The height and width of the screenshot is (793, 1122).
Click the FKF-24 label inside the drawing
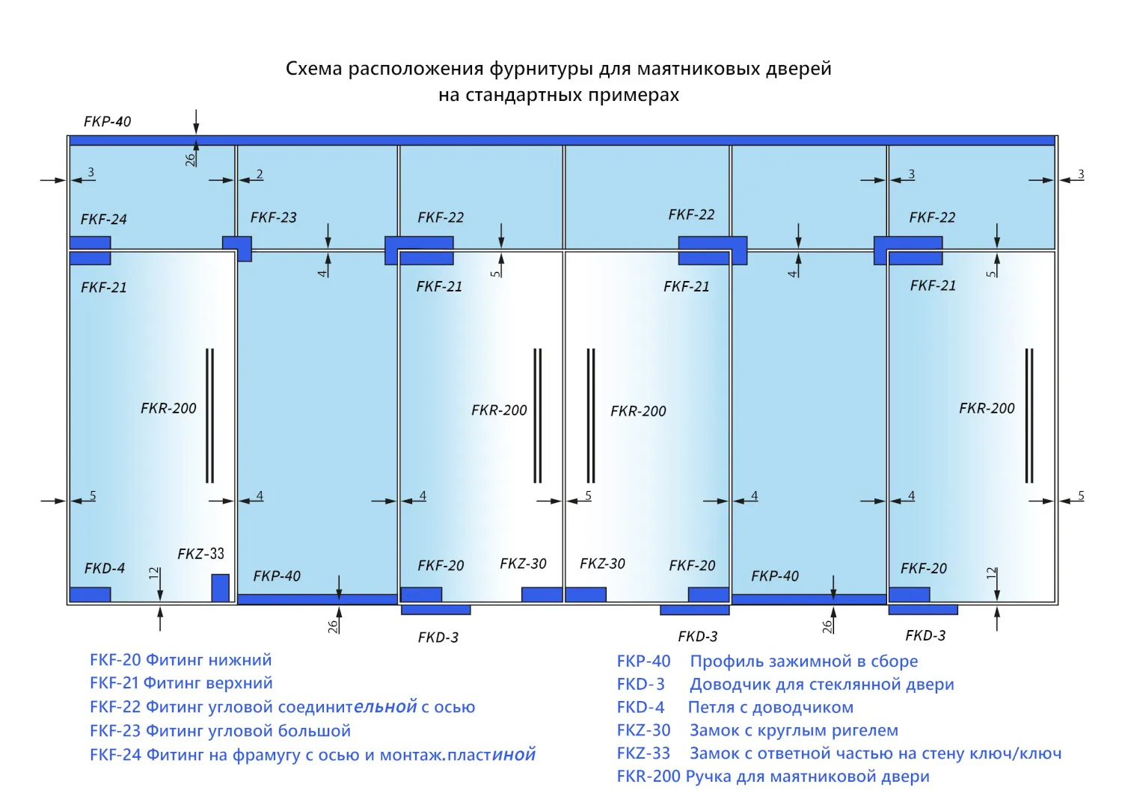coord(104,219)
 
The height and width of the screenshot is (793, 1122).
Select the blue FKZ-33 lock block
coord(221,587)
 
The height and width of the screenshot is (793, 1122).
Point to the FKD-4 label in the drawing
coord(105,568)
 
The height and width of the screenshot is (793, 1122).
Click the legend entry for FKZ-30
coord(757,730)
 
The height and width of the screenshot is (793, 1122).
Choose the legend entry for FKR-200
coord(773,777)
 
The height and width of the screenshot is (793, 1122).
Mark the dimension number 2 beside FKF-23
coord(260,173)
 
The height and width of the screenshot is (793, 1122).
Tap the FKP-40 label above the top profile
coord(107,122)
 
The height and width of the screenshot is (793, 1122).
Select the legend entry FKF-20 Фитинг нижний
coord(181,660)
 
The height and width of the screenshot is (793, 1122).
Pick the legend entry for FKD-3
coord(785,685)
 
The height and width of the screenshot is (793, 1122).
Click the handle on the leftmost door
coord(210,416)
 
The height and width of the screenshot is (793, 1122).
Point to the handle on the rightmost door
coord(1029,416)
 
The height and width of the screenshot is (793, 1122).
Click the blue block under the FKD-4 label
coord(91,595)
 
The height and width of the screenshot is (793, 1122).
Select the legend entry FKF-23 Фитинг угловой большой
coord(220,731)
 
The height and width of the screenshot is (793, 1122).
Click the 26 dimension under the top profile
coord(190,160)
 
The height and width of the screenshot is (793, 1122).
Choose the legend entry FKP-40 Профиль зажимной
coord(767,661)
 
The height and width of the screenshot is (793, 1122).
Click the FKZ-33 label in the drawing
coord(201,554)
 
